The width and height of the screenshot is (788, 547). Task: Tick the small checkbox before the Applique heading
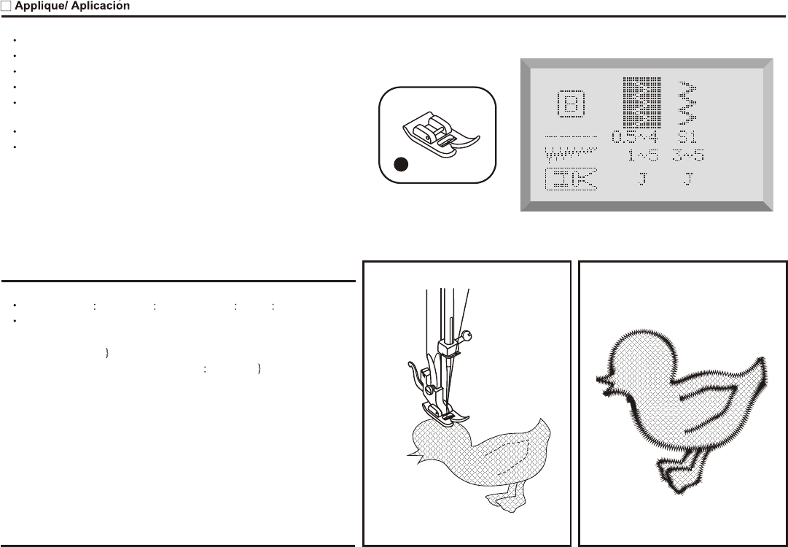click(6, 6)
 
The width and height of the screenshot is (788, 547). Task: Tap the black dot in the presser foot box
click(399, 165)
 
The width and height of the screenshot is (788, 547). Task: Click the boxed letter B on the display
click(570, 105)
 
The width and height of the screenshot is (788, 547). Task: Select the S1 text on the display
click(688, 137)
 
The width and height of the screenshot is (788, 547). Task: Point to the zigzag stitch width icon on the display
click(571, 155)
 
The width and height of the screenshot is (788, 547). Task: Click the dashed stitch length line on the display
click(571, 136)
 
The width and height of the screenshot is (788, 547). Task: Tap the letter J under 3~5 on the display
click(688, 179)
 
